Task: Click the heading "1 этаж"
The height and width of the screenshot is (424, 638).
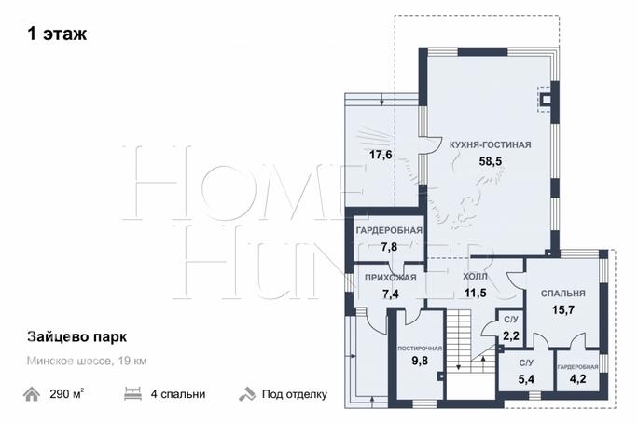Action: (x=57, y=34)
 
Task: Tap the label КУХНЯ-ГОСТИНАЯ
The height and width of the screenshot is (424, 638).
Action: (x=491, y=144)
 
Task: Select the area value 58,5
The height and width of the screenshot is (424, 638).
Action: (x=491, y=161)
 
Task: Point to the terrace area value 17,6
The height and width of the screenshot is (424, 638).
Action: (x=381, y=155)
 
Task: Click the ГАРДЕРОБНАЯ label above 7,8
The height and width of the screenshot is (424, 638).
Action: (x=389, y=230)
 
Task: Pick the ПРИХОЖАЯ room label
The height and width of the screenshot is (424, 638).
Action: (x=391, y=278)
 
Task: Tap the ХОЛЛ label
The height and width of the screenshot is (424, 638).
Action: (x=476, y=277)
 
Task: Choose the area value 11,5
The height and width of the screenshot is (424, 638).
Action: (x=476, y=293)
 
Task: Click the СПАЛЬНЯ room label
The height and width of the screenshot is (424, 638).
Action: (x=563, y=294)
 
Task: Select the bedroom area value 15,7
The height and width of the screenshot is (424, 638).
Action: (x=563, y=309)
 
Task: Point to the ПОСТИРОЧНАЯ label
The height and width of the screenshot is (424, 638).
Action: (x=420, y=349)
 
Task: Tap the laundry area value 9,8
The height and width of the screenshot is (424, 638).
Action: (x=420, y=361)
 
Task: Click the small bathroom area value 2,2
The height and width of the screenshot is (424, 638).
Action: (x=511, y=335)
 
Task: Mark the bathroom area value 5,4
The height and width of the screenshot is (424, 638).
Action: (x=526, y=379)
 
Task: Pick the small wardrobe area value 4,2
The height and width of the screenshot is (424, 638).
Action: (x=577, y=379)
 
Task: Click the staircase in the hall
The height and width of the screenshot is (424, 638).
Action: (x=471, y=340)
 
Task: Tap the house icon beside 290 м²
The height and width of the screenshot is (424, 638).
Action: (x=32, y=394)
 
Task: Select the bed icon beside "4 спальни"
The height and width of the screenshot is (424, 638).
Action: (x=132, y=394)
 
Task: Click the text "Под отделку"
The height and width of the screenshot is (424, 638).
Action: (x=295, y=394)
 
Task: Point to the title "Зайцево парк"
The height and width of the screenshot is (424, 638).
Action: (x=76, y=337)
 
